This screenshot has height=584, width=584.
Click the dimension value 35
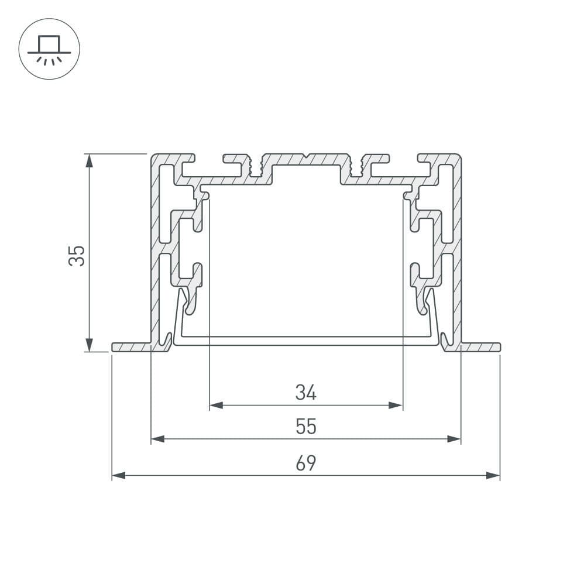[x=77, y=256]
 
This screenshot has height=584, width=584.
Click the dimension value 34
[x=306, y=393]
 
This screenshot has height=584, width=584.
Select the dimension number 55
[x=306, y=427]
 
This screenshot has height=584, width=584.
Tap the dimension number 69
[x=306, y=463]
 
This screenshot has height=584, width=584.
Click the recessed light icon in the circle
[x=49, y=50]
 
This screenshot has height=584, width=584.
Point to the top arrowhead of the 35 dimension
[x=89, y=160]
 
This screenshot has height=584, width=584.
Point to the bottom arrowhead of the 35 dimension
[x=89, y=345]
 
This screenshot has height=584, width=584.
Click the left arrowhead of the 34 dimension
[x=217, y=405]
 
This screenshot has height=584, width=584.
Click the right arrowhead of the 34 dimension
[x=396, y=405]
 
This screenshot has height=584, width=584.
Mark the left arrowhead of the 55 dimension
[x=158, y=439]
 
